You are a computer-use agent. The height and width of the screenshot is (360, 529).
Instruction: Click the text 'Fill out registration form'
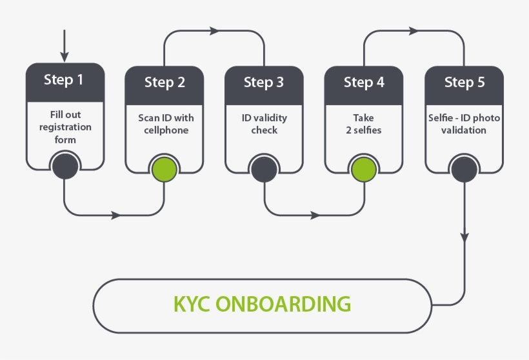tap(65, 127)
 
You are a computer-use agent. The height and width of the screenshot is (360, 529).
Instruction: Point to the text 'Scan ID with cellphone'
tap(165, 124)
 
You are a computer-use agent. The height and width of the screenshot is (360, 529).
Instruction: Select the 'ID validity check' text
tap(264, 124)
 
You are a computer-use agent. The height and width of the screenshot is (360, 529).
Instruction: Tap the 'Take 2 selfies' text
tap(364, 124)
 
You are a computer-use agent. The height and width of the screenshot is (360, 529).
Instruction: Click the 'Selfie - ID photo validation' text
tap(464, 124)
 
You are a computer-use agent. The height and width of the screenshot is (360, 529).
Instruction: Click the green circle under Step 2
tap(165, 168)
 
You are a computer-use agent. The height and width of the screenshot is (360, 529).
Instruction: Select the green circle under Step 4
tap(364, 169)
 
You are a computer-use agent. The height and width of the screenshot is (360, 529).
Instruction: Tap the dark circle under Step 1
tap(65, 166)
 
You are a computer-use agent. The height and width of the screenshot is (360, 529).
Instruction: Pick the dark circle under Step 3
tap(264, 169)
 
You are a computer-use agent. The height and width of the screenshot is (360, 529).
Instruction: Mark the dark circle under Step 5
tap(464, 169)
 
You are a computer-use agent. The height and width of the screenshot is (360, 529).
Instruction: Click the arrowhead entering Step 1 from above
tap(64, 55)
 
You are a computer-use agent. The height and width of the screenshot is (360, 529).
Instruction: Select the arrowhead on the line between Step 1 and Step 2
tap(115, 215)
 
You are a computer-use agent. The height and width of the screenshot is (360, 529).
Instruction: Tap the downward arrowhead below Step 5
tap(464, 237)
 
